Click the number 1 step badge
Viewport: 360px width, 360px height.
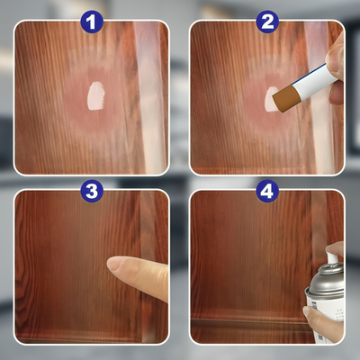(92, 21)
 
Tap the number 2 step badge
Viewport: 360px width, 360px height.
(267, 21)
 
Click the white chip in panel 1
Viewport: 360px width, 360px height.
(94, 95)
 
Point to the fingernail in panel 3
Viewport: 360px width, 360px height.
(117, 264)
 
